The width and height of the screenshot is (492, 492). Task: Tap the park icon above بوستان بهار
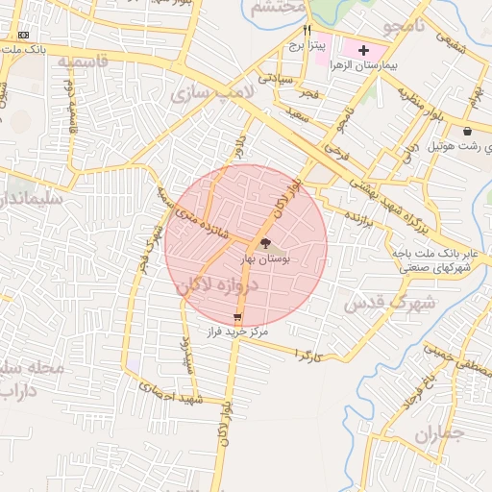click(265, 243)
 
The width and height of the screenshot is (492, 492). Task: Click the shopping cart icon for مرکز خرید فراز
click(237, 316)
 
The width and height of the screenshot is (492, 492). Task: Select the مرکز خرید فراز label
click(236, 331)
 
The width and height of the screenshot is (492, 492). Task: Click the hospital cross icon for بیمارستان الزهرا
click(363, 49)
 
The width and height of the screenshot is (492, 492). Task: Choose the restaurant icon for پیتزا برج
click(307, 30)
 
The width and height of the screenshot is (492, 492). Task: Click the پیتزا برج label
click(309, 45)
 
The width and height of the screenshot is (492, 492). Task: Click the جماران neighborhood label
click(439, 434)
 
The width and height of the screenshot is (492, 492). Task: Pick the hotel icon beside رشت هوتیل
click(467, 131)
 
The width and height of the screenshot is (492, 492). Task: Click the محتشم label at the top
click(279, 7)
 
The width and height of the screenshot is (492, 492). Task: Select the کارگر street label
click(305, 356)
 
